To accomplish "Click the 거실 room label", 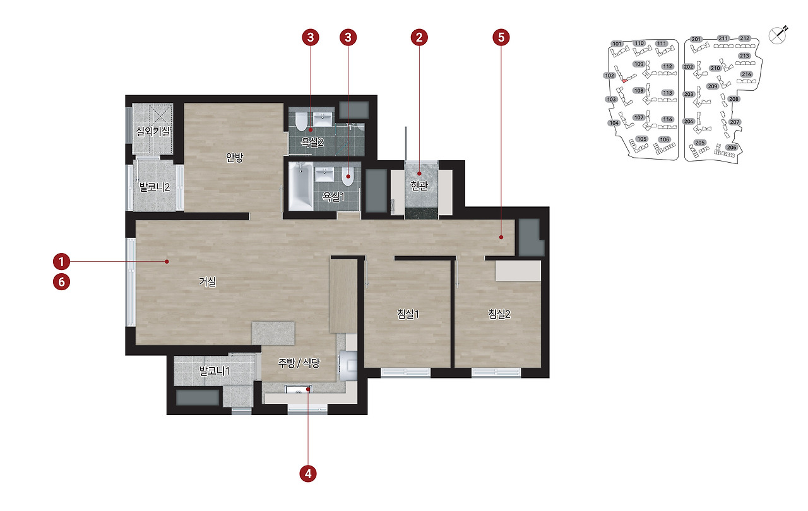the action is [208, 281].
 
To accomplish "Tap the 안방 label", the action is [234, 157].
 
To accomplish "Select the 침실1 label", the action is [408, 314].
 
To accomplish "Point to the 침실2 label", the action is [499, 314].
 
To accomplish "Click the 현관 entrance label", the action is [419, 185].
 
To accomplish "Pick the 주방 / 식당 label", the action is [299, 363].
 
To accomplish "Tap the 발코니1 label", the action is [214, 371].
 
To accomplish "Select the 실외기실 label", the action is [153, 131].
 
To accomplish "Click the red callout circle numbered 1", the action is [61, 262].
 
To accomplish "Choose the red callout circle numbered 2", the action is [419, 37].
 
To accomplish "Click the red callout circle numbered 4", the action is [308, 474].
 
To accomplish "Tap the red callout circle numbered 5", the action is [501, 37].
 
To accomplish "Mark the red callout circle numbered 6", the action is [61, 282].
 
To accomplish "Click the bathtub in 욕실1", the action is [301, 186].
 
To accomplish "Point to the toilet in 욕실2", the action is [301, 122].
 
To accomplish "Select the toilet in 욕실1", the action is [347, 176].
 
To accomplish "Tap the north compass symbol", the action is [778, 35].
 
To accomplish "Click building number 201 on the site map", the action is [696, 39].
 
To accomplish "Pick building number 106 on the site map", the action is [664, 139].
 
